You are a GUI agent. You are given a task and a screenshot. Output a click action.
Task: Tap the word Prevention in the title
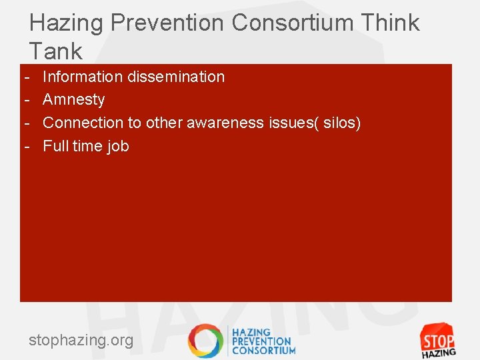tap(168, 23)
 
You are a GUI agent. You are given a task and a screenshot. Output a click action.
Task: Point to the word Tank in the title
tap(56, 51)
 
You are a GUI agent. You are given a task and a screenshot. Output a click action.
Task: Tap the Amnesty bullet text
tap(74, 100)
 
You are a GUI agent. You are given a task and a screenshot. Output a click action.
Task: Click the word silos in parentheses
tap(341, 123)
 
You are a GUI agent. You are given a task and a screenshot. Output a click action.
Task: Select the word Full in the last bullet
tap(55, 146)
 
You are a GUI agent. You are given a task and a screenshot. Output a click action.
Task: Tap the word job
tap(117, 146)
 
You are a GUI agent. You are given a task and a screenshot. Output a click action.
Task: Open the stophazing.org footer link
tap(81, 341)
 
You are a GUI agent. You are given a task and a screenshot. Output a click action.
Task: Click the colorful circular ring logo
tap(205, 341)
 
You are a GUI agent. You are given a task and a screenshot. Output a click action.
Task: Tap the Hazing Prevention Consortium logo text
tap(263, 341)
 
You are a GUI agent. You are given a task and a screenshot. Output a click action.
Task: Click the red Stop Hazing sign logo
tap(437, 340)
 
